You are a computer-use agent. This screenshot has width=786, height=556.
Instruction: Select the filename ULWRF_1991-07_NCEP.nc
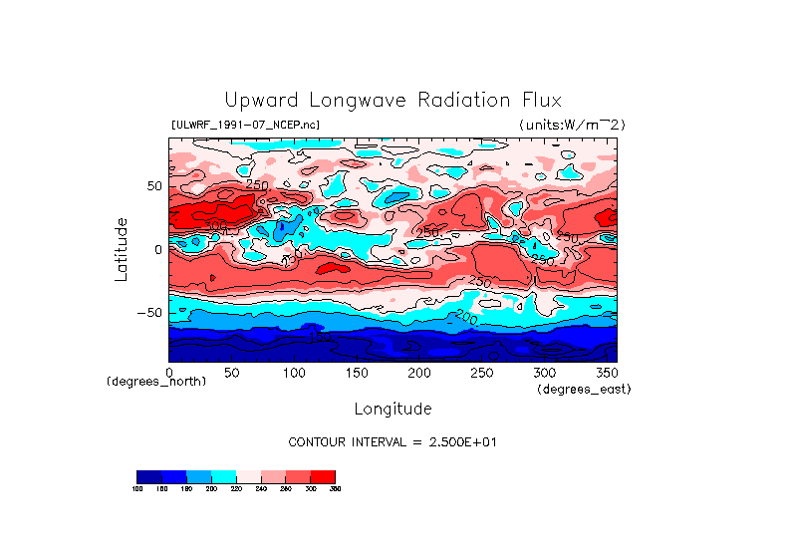tap(246, 125)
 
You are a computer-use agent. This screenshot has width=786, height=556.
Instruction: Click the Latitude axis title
tap(121, 249)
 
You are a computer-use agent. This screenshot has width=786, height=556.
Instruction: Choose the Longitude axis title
tap(393, 409)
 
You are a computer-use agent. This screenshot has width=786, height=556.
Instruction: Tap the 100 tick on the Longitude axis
tap(294, 372)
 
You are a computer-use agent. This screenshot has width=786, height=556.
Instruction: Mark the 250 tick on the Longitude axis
tap(480, 372)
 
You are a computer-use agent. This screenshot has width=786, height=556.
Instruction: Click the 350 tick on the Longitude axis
tap(605, 372)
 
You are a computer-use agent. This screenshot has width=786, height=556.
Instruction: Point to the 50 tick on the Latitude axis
tap(153, 186)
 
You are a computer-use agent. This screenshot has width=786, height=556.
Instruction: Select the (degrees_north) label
tap(156, 382)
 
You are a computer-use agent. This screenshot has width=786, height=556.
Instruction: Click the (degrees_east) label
tap(584, 390)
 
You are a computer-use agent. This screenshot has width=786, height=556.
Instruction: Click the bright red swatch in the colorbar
tap(324, 476)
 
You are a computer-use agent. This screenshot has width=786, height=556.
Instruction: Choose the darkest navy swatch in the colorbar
tap(148, 476)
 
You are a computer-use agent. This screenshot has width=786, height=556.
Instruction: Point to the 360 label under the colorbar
tap(335, 489)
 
